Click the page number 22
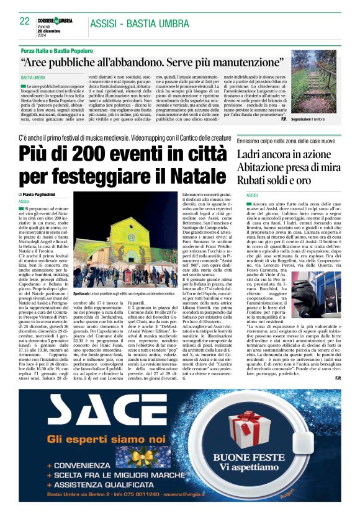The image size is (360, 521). [25, 21]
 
